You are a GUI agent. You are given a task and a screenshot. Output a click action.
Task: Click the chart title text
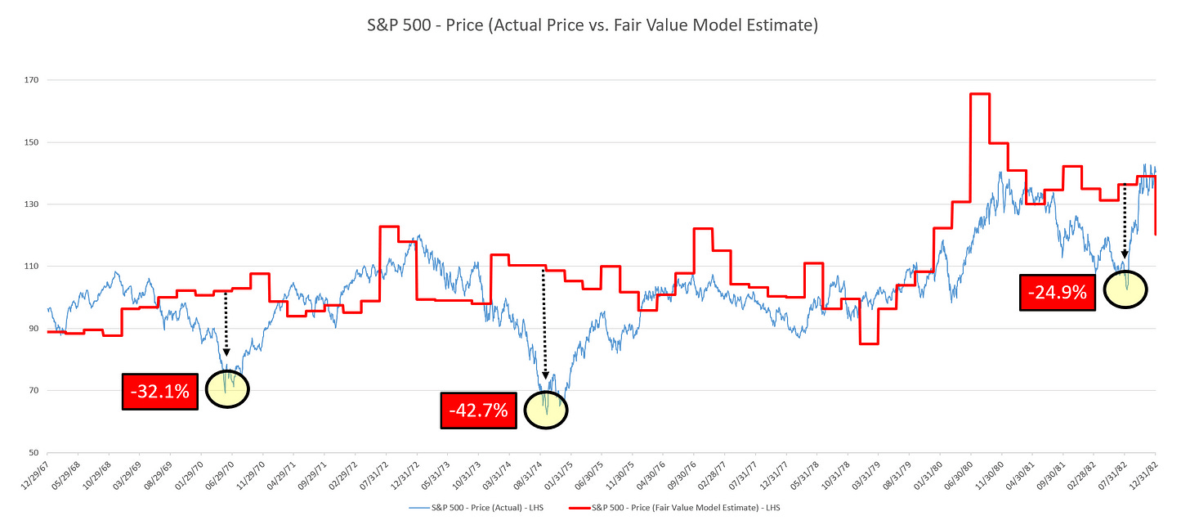point(594,25)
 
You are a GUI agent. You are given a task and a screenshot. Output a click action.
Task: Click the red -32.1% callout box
point(159,392)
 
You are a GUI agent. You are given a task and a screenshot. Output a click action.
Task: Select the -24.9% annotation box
point(1058,293)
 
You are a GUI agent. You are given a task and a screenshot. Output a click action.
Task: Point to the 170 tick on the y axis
point(32,80)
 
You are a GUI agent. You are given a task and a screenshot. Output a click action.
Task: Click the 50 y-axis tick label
point(34,452)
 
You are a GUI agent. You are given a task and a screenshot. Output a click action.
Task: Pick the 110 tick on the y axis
point(32,267)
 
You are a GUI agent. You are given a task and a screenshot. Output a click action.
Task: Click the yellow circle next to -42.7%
point(545,410)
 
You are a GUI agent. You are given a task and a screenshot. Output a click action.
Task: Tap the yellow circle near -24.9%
point(1125,289)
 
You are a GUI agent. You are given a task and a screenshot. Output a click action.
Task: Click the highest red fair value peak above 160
point(979,94)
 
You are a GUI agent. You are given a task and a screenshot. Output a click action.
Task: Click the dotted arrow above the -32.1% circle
point(226,323)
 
